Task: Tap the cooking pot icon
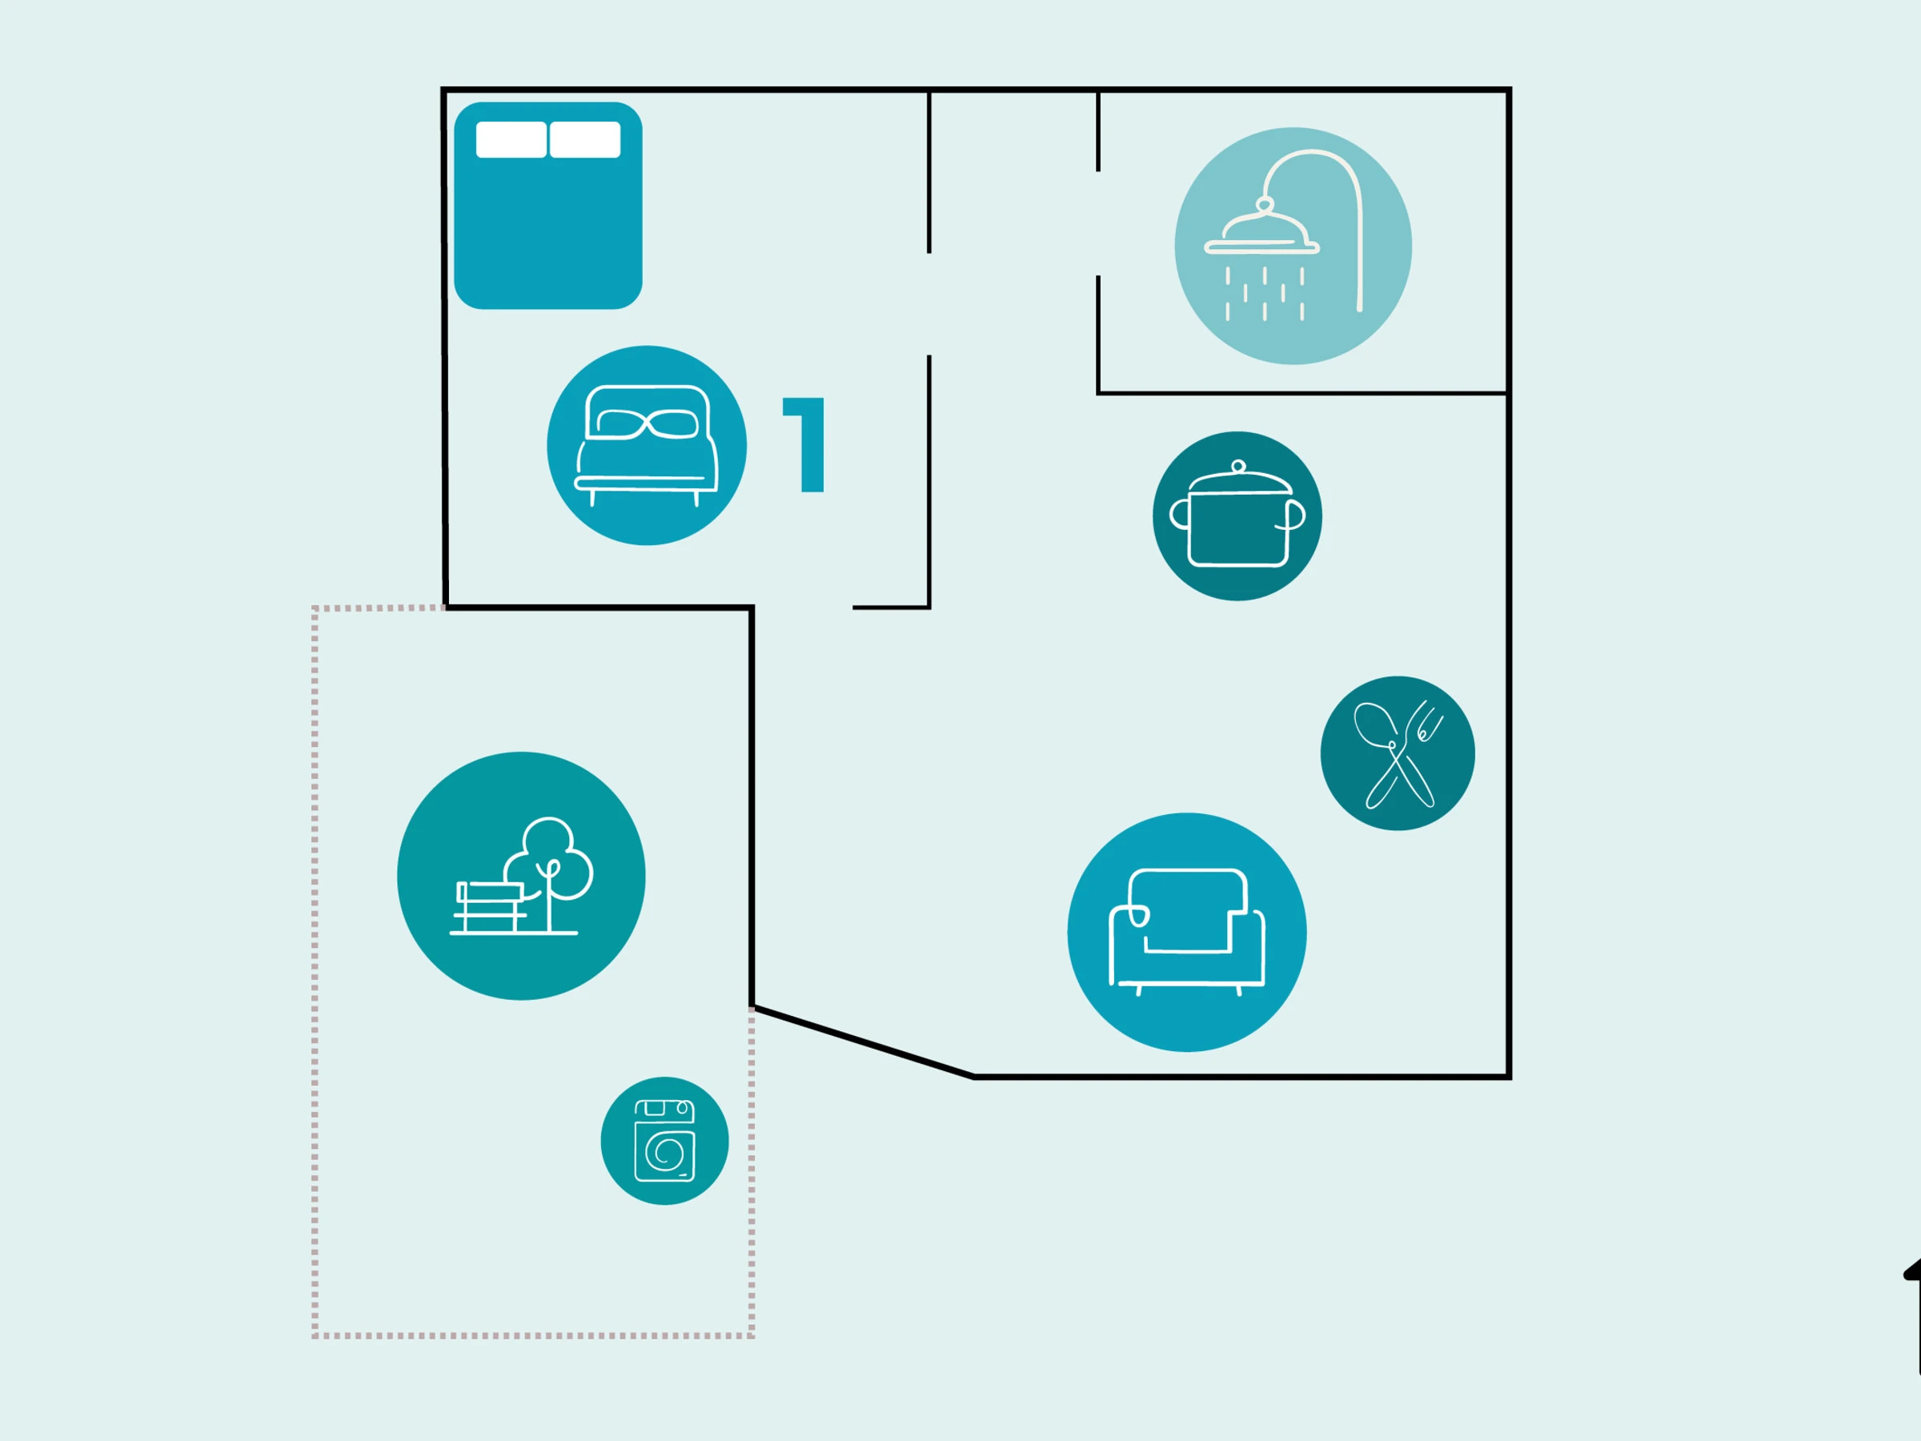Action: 1237,516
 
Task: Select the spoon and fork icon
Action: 1398,753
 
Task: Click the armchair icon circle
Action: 1186,932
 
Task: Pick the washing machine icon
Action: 664,1141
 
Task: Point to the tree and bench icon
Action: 521,876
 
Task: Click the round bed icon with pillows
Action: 646,446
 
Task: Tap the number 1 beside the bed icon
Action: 807,445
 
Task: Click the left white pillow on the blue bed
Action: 511,140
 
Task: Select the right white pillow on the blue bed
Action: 584,140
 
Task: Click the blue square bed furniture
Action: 548,226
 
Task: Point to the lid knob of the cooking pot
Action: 1238,467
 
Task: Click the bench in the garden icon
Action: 490,908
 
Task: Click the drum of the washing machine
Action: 666,1152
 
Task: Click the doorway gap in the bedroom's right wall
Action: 928,304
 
